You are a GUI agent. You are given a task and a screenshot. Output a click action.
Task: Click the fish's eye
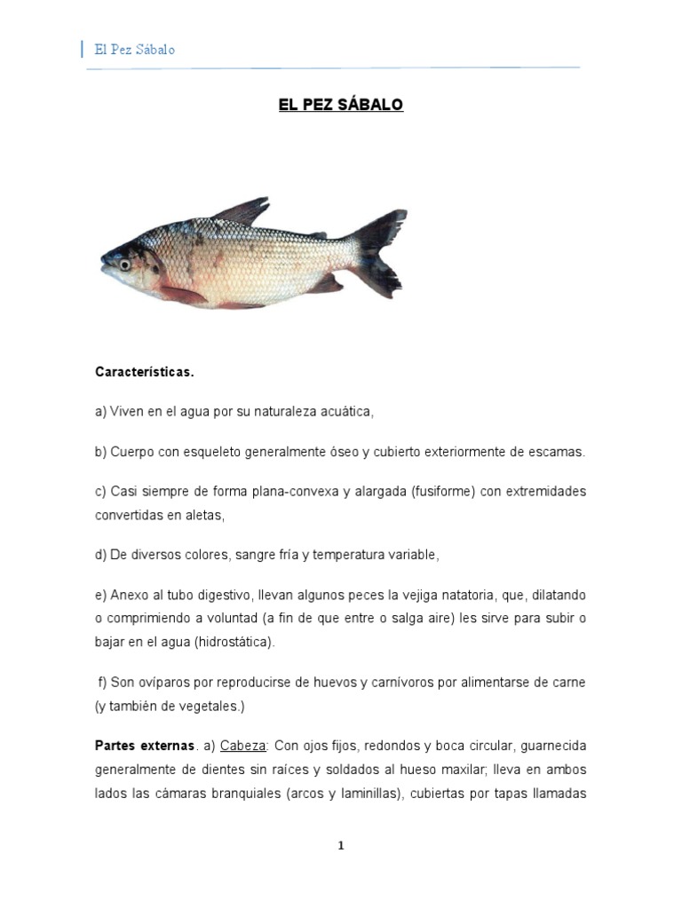coord(125,264)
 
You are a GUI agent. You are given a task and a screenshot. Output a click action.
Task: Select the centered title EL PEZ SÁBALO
coord(341,105)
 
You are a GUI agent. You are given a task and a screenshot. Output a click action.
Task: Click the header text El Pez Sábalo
coord(135,50)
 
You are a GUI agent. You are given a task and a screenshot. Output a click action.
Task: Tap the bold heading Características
coord(144,373)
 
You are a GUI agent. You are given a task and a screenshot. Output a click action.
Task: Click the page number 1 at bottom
coord(341,846)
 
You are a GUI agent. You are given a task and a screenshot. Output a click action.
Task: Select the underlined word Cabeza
coord(242,747)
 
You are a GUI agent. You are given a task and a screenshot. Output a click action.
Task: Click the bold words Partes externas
coord(145,747)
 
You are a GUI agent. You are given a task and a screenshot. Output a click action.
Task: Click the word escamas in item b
coord(556,452)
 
